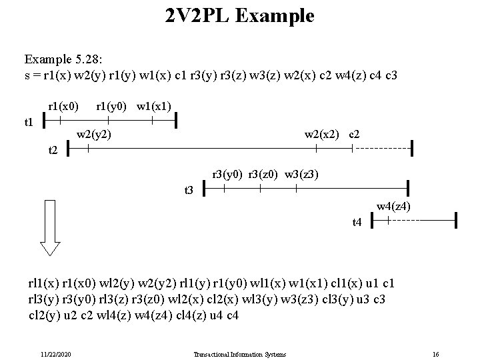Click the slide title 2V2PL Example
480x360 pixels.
click(240, 15)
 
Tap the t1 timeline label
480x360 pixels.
click(29, 122)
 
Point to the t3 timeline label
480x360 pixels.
click(188, 191)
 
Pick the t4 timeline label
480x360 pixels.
click(357, 222)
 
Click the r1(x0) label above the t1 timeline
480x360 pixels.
click(63, 105)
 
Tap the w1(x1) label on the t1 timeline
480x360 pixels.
click(154, 105)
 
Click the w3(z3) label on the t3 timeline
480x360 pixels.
click(302, 175)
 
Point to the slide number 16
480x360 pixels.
click(435, 353)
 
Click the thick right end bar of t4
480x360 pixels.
click(455, 219)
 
